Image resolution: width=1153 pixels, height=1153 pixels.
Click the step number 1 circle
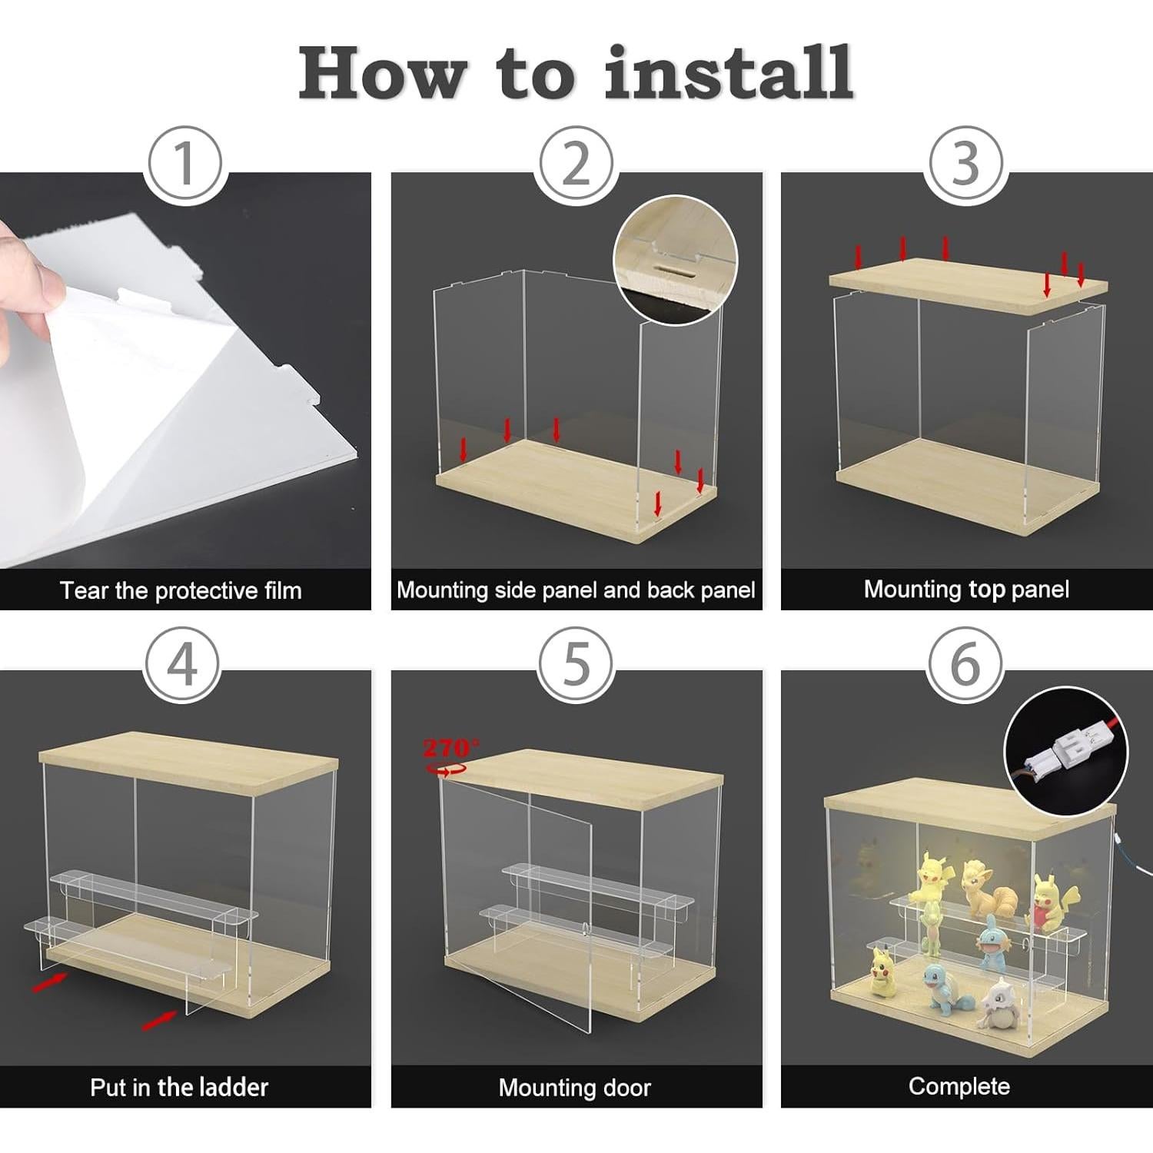184,163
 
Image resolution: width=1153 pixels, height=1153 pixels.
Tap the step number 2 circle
576,163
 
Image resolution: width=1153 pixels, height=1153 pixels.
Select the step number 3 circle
966,163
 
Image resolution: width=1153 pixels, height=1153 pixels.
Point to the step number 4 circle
183,664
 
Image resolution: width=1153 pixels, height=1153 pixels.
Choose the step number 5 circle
576,664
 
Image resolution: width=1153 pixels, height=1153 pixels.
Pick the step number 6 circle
965,664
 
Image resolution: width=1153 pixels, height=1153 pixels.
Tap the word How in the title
382,73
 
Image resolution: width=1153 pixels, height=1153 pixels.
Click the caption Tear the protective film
181,590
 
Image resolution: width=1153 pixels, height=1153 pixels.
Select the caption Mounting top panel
966,590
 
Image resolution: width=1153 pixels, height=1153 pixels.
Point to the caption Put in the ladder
179,1087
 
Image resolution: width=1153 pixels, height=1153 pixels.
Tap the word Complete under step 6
959,1086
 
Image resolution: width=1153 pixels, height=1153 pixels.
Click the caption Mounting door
574,1088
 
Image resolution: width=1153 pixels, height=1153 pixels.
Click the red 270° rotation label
451,747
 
